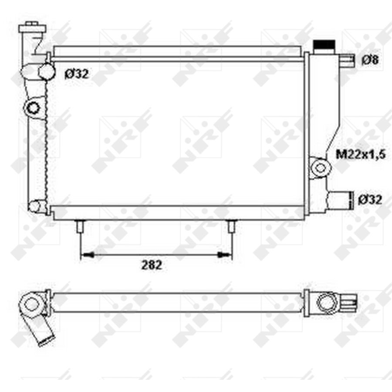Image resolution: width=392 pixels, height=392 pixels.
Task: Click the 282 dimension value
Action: (151, 265)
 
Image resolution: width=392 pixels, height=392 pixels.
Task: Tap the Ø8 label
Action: (370, 61)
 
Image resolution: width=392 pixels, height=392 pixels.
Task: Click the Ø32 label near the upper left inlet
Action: (77, 74)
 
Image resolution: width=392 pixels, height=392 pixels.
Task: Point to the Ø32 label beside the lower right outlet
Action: (370, 199)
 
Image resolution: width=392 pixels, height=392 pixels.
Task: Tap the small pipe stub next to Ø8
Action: (349, 61)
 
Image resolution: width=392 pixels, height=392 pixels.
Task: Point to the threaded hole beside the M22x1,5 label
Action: (320, 167)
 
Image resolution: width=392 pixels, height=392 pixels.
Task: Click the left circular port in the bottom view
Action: (31, 303)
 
